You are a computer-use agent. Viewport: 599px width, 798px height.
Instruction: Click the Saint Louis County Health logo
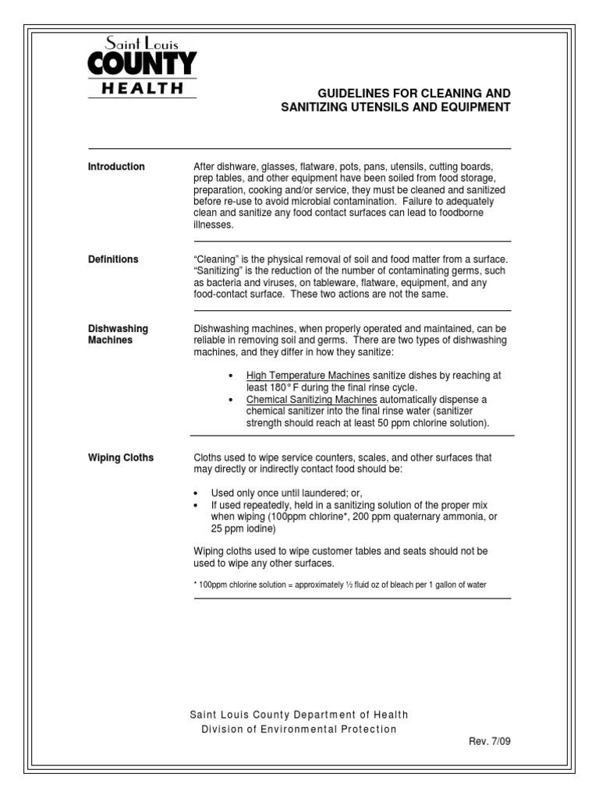141,68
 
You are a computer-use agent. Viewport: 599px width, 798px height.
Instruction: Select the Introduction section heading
116,167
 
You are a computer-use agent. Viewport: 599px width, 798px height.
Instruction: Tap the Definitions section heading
113,260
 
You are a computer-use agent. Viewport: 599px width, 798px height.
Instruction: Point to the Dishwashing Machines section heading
118,334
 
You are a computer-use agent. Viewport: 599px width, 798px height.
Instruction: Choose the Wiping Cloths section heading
120,458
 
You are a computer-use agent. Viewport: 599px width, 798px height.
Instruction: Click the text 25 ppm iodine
243,529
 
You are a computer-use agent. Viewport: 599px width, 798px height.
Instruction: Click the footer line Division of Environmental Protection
299,729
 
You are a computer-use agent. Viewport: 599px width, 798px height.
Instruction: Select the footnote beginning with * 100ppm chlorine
340,584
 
